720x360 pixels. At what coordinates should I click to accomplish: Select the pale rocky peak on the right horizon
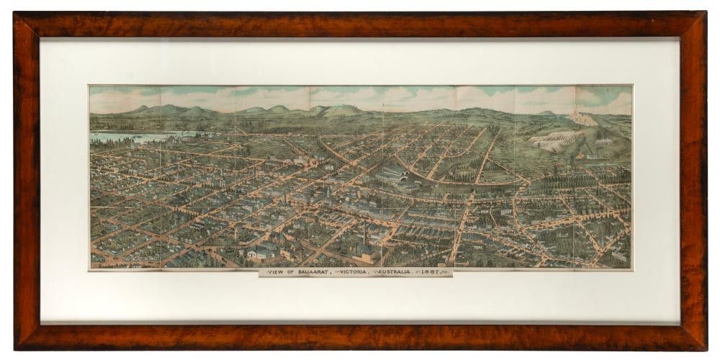pos(582,118)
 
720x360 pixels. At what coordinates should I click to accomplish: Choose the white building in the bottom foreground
pos(256,253)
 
